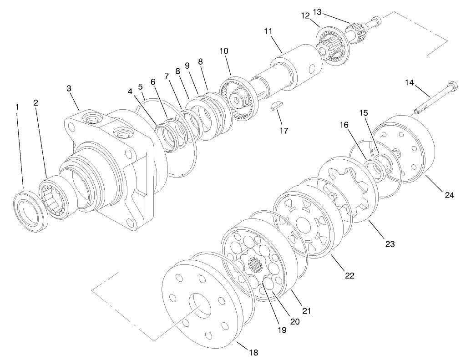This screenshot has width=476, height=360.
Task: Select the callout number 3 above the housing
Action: coord(69,88)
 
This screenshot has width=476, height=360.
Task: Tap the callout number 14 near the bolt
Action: coord(410,82)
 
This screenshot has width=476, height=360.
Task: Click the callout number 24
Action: coord(450,195)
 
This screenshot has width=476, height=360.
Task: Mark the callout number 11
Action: coord(268,31)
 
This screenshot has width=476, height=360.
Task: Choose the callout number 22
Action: coord(349,275)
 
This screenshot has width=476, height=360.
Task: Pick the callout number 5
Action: coord(141,86)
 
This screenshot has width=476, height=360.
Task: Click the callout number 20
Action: coord(295,321)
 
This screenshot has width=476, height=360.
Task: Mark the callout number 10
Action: coord(224,51)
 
